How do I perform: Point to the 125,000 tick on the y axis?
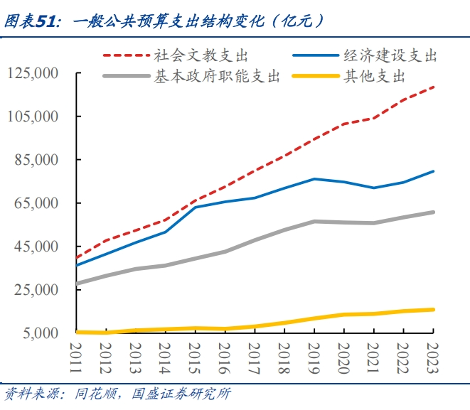(x=33, y=73)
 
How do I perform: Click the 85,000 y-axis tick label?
(x=36, y=160)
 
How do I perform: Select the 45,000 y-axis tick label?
(x=36, y=247)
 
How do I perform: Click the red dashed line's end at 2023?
(x=434, y=87)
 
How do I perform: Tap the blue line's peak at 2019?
(x=315, y=178)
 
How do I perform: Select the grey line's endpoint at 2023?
(x=434, y=212)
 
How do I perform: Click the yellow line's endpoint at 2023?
(x=434, y=309)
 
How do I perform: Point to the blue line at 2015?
(x=196, y=207)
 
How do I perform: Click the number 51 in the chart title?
(x=43, y=21)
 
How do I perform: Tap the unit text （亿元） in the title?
(x=299, y=21)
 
